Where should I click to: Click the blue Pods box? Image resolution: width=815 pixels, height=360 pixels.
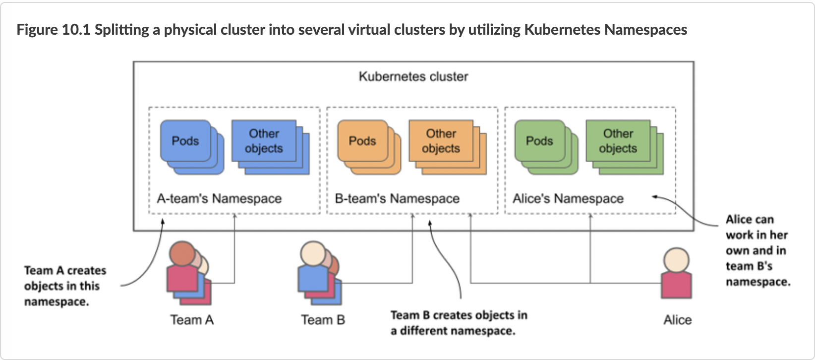point(185,141)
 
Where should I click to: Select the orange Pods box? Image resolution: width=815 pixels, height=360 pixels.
point(362,141)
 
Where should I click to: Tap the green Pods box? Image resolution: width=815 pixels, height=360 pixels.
point(539,141)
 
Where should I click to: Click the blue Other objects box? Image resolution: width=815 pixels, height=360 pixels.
point(264,141)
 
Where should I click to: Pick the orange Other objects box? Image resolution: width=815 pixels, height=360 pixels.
point(441,141)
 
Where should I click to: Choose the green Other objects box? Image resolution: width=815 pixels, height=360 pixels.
point(618,141)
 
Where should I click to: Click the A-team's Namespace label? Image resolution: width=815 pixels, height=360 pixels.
point(219,198)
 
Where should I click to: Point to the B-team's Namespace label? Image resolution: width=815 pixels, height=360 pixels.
point(397,198)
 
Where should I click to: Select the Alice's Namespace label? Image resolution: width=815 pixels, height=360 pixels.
point(568,198)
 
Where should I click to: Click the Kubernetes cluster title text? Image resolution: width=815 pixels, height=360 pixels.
point(413,76)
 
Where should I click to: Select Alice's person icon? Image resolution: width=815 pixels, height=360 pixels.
point(676,273)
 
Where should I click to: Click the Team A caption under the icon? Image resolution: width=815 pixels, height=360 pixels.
point(192,320)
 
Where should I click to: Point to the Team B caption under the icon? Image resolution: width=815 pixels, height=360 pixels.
point(323,320)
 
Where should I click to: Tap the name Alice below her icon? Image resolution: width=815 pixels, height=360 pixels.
point(677,320)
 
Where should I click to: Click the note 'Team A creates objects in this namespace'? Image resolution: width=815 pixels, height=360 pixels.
point(65,286)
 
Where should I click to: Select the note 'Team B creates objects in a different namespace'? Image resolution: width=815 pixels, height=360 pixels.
point(459,323)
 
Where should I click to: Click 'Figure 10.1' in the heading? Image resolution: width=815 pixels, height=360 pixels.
point(54,30)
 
